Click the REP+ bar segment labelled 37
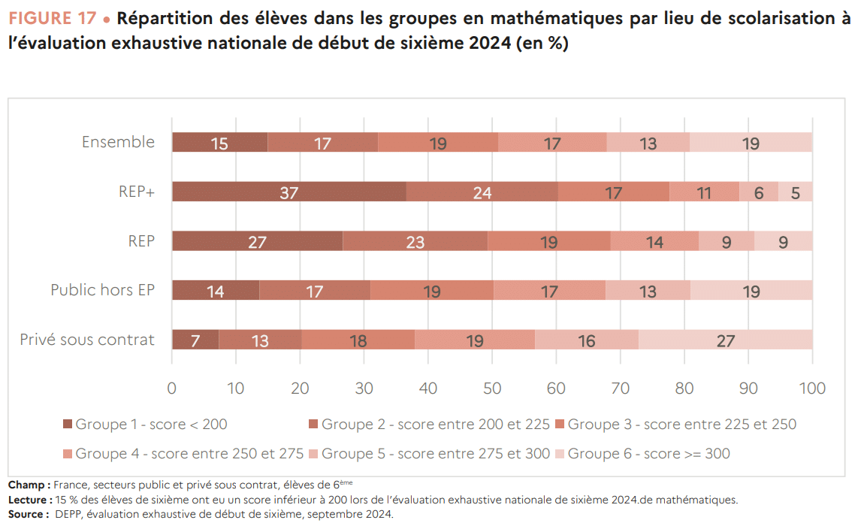coord(289,192)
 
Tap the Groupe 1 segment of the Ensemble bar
coord(219,142)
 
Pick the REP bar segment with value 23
coord(415,241)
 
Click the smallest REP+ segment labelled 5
coord(795,192)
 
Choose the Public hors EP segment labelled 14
coord(216,291)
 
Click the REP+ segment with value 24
coord(482,192)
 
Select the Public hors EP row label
coord(102,290)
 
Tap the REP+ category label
coord(136,192)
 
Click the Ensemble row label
coord(118,142)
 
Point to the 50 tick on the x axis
coord(492,388)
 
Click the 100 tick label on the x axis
coord(811,388)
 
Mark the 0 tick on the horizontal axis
coord(172,388)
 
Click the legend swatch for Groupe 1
coord(68,425)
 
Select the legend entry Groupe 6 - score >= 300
coord(648,454)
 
